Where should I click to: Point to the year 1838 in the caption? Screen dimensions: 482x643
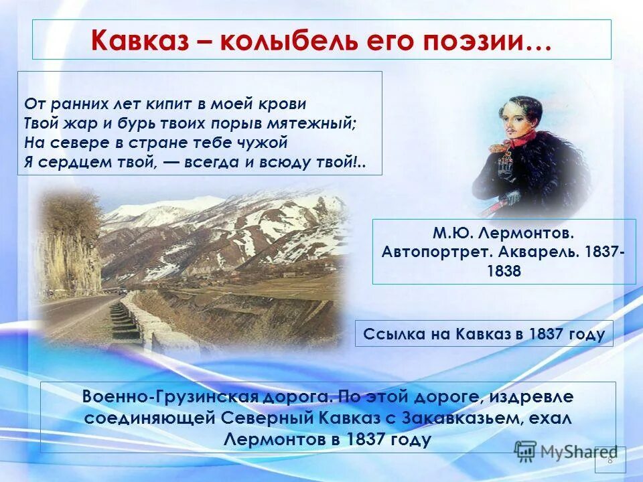[504, 272]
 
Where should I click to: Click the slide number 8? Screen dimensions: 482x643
[610, 460]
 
